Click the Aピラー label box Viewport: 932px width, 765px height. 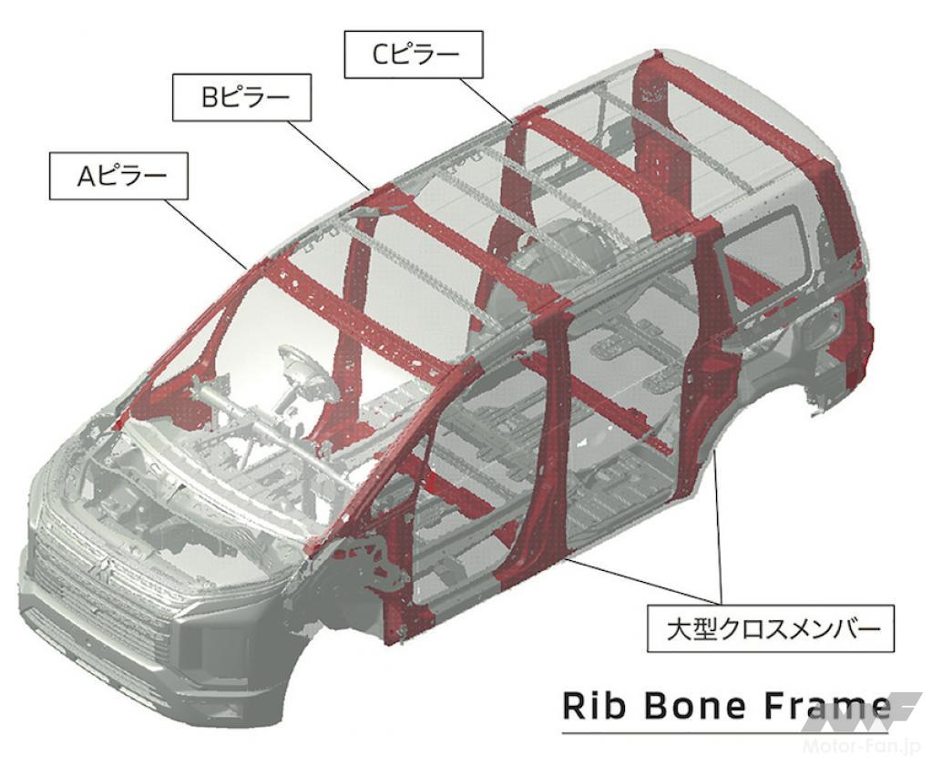coord(118,175)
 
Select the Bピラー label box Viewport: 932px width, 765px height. coord(242,97)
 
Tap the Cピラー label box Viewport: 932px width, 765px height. coord(414,54)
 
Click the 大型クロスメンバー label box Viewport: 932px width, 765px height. coord(771,628)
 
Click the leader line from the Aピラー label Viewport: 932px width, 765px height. coord(206,234)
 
